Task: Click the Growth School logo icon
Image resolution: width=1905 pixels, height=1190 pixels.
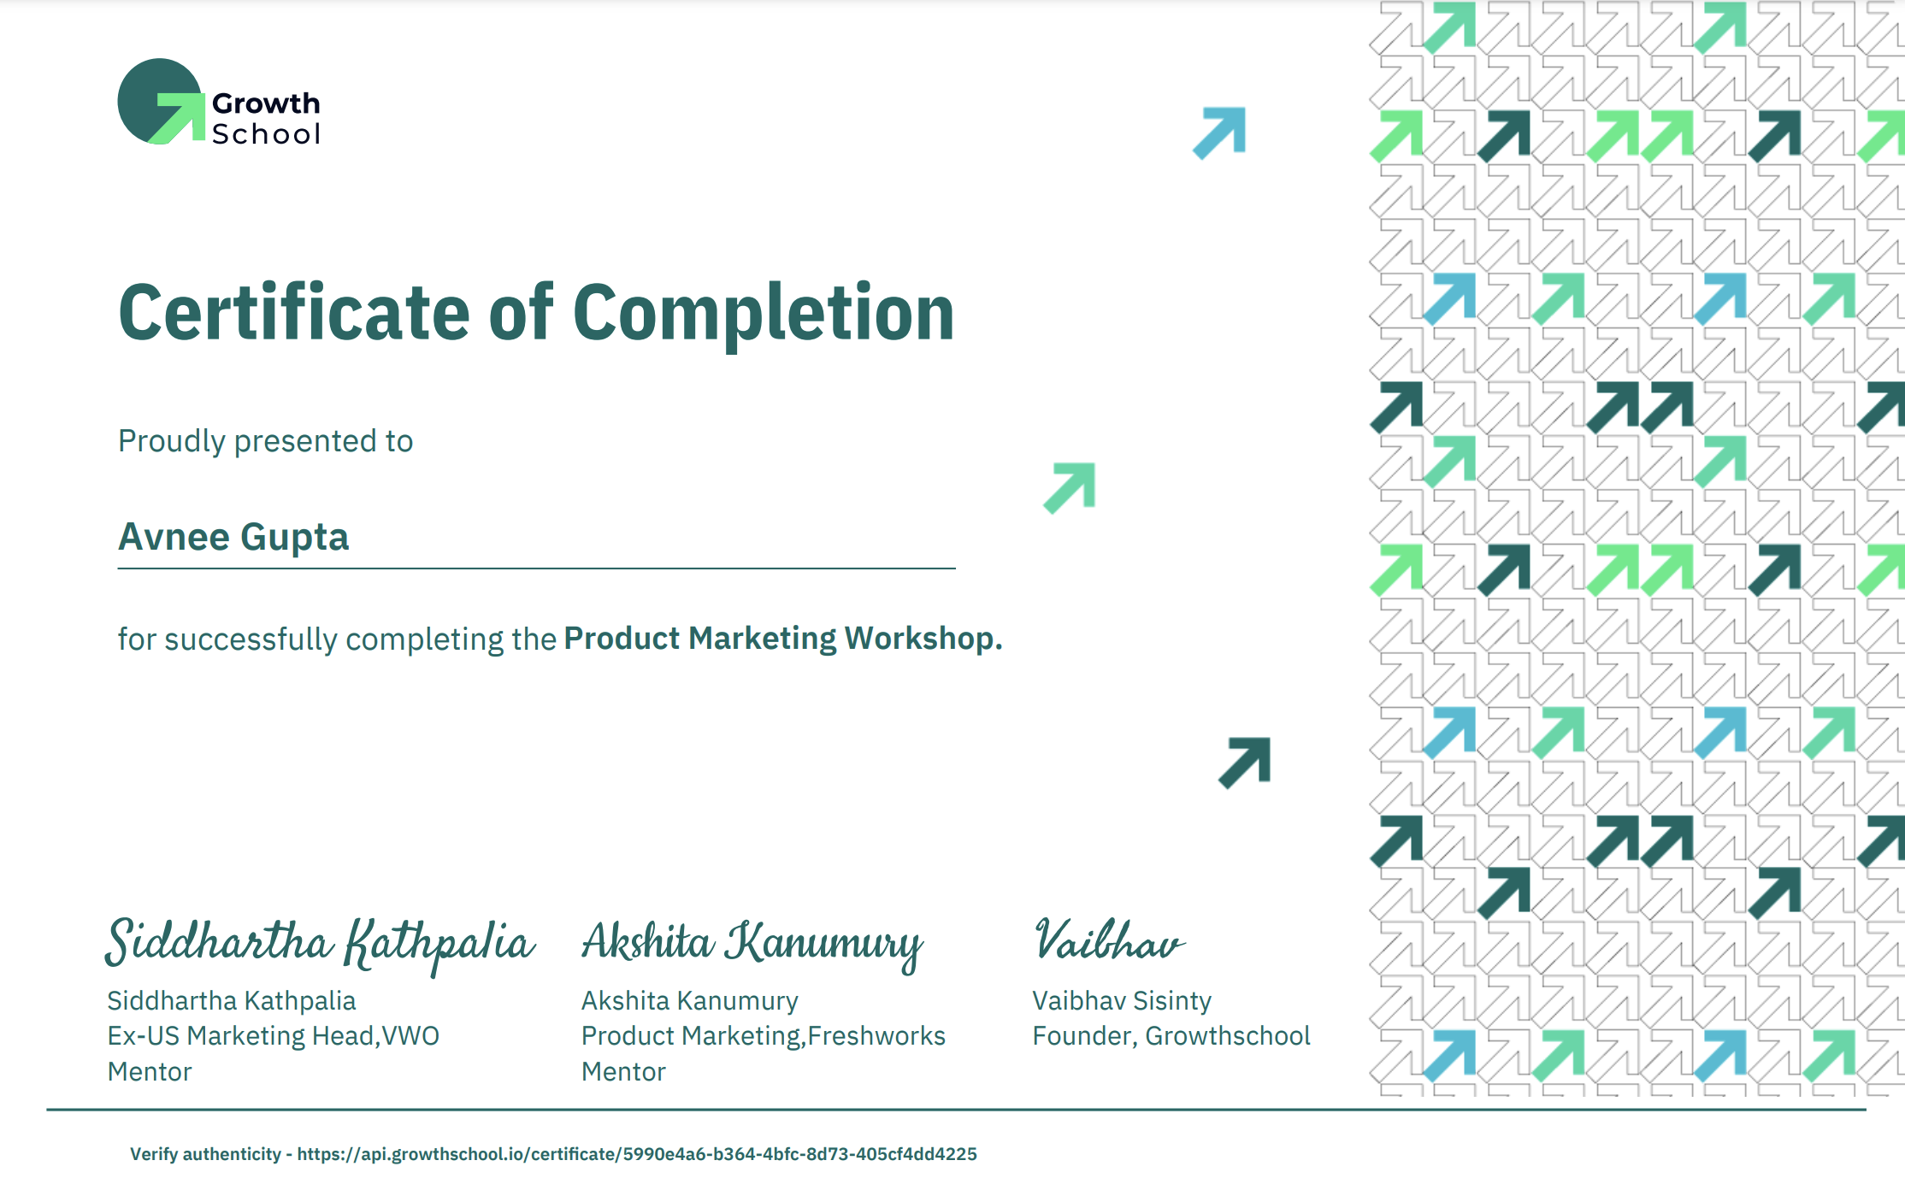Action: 161,102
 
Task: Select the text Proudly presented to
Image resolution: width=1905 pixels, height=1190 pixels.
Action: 265,441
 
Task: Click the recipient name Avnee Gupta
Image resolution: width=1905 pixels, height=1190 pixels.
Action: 233,538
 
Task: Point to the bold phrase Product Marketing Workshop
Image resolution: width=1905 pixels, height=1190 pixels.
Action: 782,639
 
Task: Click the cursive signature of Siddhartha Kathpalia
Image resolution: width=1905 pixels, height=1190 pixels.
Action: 320,944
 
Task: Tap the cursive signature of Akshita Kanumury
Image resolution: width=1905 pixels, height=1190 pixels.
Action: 752,944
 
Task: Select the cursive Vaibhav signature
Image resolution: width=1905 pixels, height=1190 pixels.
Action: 1109,940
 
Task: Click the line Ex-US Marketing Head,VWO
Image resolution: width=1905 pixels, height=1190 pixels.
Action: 273,1036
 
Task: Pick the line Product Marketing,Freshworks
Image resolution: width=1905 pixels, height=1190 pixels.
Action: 764,1036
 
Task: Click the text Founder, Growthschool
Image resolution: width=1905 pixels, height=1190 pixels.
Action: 1171,1036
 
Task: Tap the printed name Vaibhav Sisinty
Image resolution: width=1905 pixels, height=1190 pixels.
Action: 1122,1001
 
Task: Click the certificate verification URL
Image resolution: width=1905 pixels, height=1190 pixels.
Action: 637,1154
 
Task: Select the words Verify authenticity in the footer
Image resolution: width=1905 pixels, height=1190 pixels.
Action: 205,1154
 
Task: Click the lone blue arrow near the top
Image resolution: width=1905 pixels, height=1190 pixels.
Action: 1220,133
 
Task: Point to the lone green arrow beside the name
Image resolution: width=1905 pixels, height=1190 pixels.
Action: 1070,488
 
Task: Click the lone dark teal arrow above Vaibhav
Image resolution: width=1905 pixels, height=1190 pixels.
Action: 1245,763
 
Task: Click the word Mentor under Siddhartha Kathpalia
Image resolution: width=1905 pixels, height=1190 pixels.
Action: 150,1072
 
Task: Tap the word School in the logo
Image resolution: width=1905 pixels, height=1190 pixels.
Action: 266,134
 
